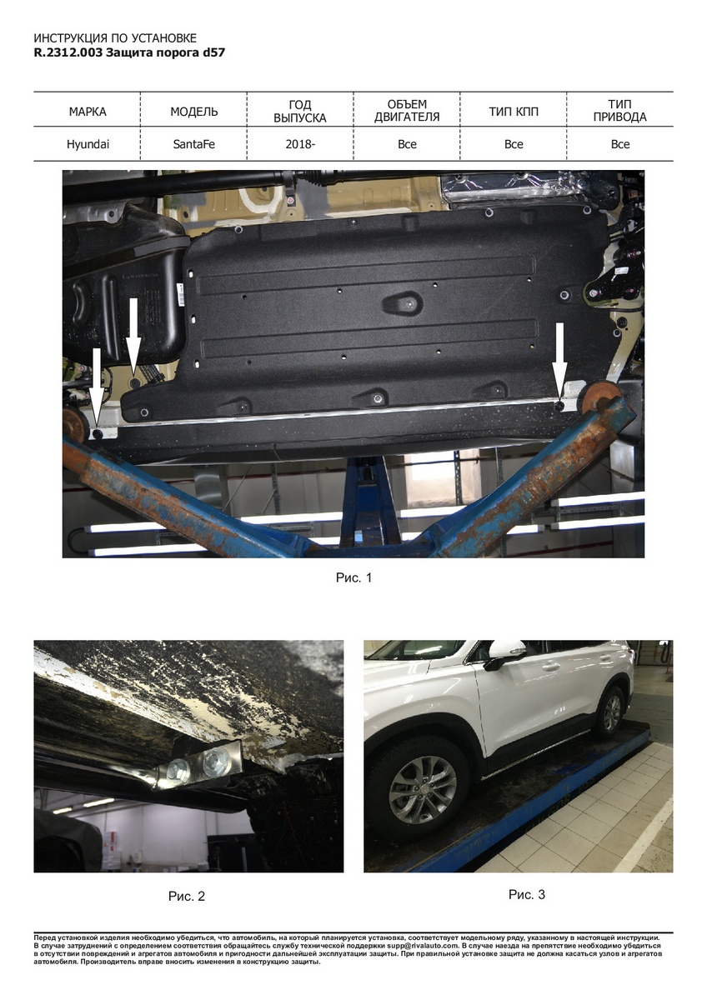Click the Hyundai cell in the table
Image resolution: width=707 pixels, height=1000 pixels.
[x=88, y=144]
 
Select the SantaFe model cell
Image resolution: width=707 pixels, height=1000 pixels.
[x=193, y=144]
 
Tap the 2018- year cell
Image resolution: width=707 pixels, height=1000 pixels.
[x=300, y=144]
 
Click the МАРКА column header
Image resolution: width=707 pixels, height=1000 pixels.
[x=88, y=112]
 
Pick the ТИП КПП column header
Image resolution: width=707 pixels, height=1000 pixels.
[x=514, y=112]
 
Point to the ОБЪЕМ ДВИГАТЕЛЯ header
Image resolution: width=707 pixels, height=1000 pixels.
[x=407, y=111]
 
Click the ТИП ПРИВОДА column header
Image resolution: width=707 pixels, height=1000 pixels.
[x=620, y=111]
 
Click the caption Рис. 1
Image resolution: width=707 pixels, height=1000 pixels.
[x=353, y=577]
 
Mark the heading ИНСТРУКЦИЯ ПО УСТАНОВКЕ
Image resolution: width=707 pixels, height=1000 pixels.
[x=115, y=38]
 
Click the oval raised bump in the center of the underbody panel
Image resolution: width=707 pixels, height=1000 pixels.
[x=403, y=302]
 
